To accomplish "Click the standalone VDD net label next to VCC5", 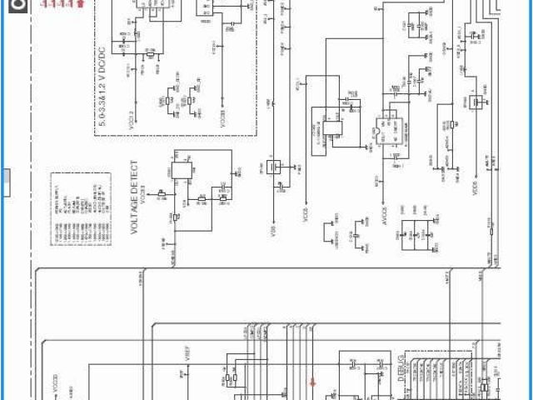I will coord(272,224).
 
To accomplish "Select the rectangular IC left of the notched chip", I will coord(326,128).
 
